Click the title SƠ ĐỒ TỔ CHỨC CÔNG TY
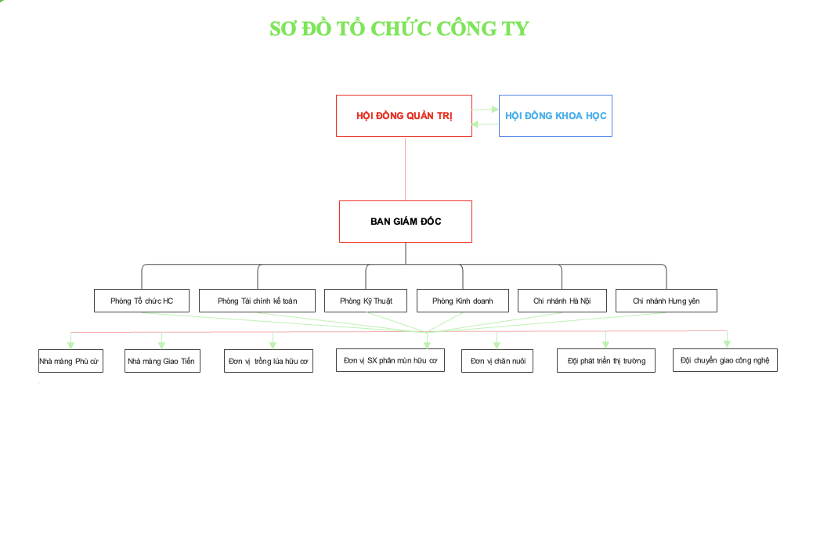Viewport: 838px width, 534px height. point(399,29)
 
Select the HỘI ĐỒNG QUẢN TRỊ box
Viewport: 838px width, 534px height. point(404,116)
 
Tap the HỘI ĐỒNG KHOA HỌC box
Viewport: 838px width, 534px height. point(555,116)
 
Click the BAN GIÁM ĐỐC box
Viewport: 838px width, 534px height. point(406,222)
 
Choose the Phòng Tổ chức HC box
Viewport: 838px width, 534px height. point(142,301)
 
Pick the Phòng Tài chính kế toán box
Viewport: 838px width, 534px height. point(257,301)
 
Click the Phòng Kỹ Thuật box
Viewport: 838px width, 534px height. point(367,301)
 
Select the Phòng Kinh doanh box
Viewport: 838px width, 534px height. point(462,301)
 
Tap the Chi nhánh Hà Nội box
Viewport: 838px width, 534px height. point(562,301)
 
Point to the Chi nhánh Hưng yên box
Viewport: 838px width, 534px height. point(666,301)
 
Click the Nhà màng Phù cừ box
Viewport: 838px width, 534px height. point(70,361)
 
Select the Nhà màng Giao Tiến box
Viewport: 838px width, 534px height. point(162,361)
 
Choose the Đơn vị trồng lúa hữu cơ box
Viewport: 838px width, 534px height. point(269,361)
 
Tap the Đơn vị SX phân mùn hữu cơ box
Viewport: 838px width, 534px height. point(390,360)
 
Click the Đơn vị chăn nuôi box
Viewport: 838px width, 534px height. point(497,361)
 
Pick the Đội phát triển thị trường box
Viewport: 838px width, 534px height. point(606,361)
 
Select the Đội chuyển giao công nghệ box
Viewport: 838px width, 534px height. point(724,360)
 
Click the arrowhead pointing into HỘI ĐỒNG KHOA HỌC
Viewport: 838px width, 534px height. point(495,110)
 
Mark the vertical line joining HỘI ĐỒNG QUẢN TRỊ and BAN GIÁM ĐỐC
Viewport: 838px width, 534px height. point(405,168)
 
